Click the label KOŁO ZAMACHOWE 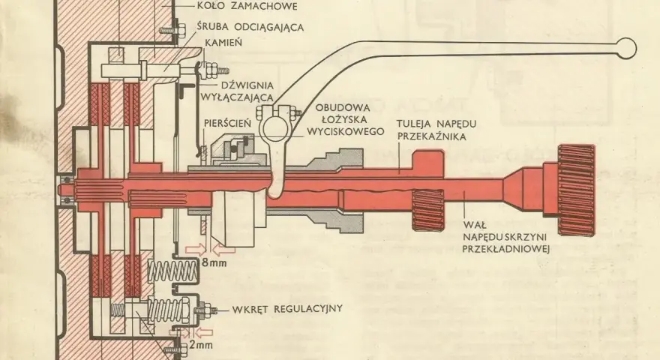point(247,6)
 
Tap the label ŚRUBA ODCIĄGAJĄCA point(250,26)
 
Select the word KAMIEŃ point(223,43)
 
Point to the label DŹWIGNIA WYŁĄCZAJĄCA point(237,91)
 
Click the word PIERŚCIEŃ point(227,123)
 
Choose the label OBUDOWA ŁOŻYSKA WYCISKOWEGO point(345,119)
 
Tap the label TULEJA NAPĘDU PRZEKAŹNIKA point(437,130)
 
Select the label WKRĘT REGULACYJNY point(287,309)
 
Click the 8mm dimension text point(214,263)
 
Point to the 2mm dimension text point(200,345)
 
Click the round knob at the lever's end point(626,47)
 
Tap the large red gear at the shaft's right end point(576,190)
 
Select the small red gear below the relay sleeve point(427,210)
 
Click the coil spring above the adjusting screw point(172,271)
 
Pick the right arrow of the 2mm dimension point(204,333)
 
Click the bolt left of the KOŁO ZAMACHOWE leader point(172,30)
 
